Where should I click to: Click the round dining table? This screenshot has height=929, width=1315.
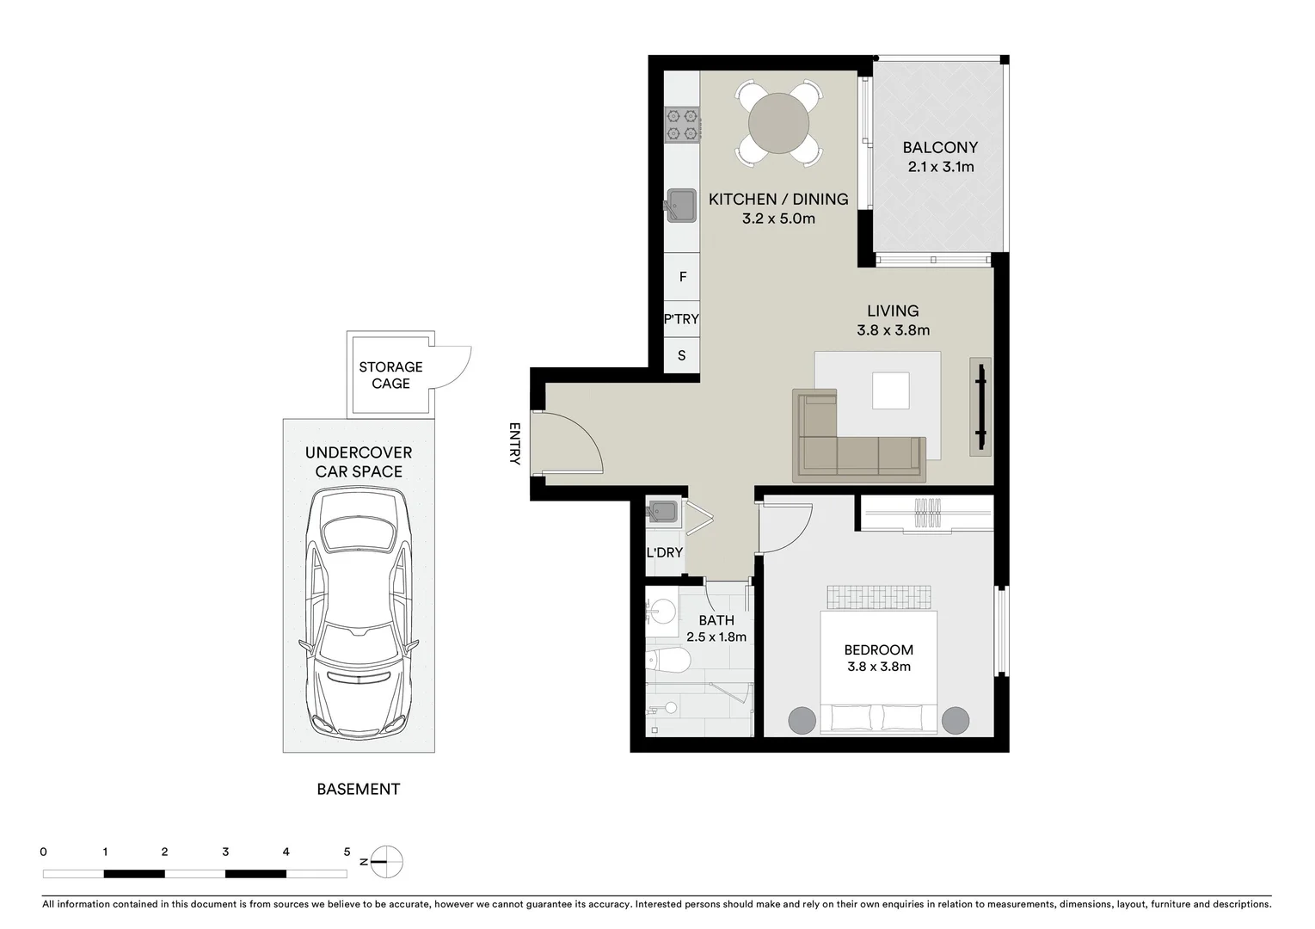click(x=778, y=123)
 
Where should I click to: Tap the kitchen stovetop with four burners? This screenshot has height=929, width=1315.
click(x=682, y=124)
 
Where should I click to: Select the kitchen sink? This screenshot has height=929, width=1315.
click(x=683, y=205)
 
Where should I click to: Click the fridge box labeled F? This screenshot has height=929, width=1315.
click(x=683, y=276)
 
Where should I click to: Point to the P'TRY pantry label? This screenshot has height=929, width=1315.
click(x=681, y=319)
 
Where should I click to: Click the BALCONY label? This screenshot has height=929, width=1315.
click(x=940, y=148)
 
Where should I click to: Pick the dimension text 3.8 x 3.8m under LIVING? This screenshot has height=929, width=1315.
click(x=893, y=330)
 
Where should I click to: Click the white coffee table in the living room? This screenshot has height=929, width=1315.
click(x=890, y=391)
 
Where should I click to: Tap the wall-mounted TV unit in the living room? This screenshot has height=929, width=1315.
click(x=980, y=406)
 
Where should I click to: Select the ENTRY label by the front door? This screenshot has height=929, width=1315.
click(x=514, y=443)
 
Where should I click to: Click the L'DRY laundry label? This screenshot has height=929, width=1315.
click(x=664, y=552)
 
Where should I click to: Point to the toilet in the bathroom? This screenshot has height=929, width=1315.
click(x=668, y=661)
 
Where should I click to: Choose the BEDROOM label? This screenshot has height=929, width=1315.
click(x=878, y=650)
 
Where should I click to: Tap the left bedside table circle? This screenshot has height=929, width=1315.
click(x=802, y=720)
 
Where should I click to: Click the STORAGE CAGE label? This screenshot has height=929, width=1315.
click(x=390, y=375)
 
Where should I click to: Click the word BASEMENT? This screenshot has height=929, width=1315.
click(x=358, y=789)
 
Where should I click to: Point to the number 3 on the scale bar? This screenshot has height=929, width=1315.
click(x=225, y=852)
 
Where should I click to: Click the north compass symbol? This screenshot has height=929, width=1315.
click(x=388, y=860)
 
